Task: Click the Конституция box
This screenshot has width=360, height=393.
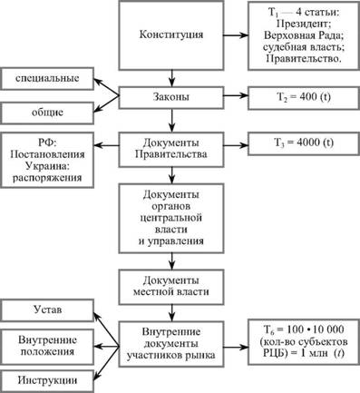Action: click(x=171, y=35)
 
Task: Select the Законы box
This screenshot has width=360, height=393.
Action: click(x=171, y=98)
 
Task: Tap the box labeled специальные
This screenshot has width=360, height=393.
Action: click(x=47, y=79)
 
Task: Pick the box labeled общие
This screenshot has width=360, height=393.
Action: click(x=47, y=113)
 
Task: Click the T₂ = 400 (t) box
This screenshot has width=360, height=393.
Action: click(x=304, y=98)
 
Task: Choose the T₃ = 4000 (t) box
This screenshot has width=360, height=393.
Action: click(x=304, y=143)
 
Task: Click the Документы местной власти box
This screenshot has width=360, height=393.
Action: click(x=171, y=287)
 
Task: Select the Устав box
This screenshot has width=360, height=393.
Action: click(x=47, y=310)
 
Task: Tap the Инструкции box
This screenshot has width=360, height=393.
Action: click(x=47, y=381)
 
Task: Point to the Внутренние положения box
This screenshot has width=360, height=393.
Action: click(x=47, y=347)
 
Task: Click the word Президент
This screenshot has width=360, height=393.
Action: click(x=302, y=24)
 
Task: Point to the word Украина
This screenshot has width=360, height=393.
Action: click(x=47, y=166)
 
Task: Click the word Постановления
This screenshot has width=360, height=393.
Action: click(x=47, y=154)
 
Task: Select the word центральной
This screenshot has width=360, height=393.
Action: click(x=171, y=218)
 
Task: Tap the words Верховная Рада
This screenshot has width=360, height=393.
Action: click(x=304, y=35)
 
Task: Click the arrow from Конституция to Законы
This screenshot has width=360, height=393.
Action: click(x=171, y=79)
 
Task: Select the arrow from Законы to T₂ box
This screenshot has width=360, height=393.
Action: click(x=236, y=95)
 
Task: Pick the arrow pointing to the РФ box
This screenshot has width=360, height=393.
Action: click(x=106, y=145)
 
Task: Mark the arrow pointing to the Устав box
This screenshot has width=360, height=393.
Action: click(x=106, y=329)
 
